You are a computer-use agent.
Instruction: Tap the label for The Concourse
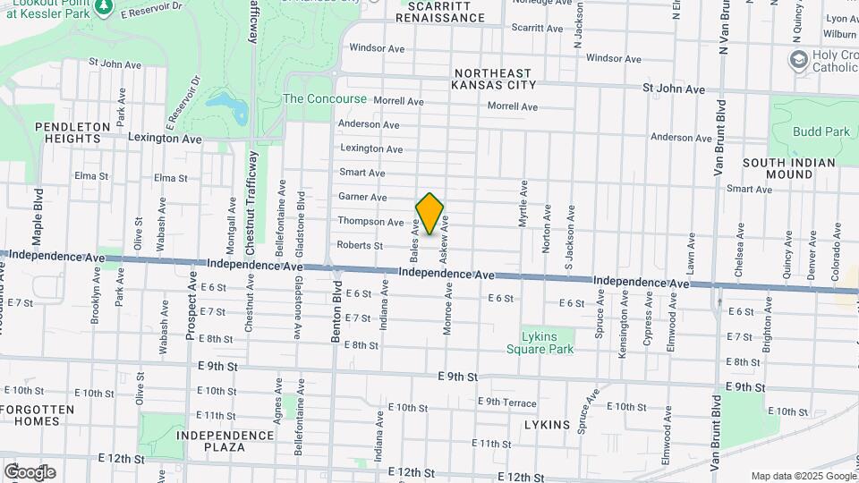(x=325, y=98)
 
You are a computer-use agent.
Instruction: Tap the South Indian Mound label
(x=788, y=169)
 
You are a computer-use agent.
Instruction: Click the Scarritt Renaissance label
(x=439, y=12)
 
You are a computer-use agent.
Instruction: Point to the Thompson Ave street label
(x=370, y=221)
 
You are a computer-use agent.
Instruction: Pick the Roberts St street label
(x=360, y=245)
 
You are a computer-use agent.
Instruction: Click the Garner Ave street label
(x=362, y=197)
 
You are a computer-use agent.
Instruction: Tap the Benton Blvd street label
(x=338, y=309)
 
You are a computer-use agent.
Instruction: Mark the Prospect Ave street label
(x=191, y=307)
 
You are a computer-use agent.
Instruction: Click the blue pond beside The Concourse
(x=227, y=108)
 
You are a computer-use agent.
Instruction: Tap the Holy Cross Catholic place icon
(x=798, y=59)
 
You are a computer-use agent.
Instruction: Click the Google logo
(x=30, y=472)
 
